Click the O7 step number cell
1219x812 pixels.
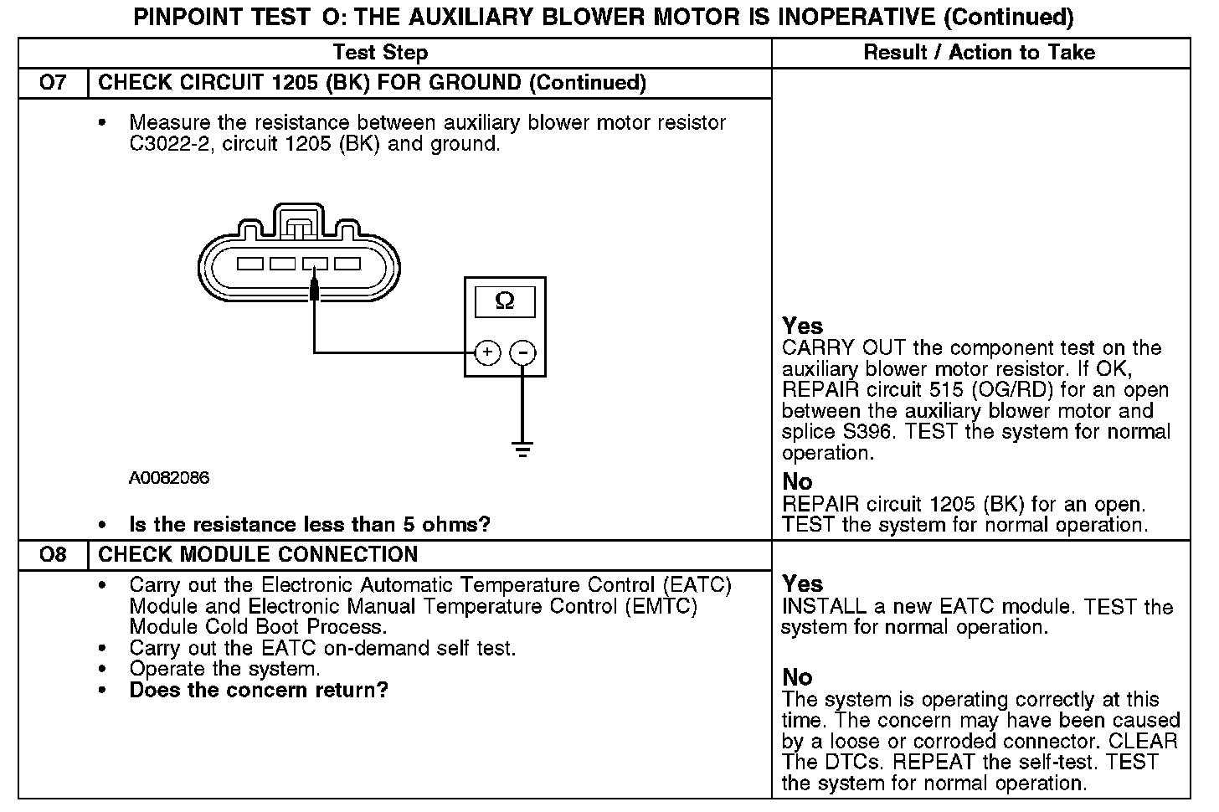pyautogui.click(x=52, y=83)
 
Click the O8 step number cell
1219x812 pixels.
pyautogui.click(x=52, y=555)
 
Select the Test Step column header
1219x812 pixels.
pyautogui.click(x=380, y=53)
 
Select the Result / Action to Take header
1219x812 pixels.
pyautogui.click(x=979, y=53)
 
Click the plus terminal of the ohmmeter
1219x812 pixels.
pyautogui.click(x=487, y=353)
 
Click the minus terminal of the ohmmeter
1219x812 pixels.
pyautogui.click(x=523, y=353)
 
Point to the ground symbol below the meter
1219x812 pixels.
pyautogui.click(x=523, y=450)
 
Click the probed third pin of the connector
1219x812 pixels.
pyautogui.click(x=315, y=264)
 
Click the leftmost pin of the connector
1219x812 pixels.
pyautogui.click(x=249, y=264)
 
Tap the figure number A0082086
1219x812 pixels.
pyautogui.click(x=169, y=478)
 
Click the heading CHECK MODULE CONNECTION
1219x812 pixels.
pyautogui.click(x=258, y=555)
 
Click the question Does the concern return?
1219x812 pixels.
pyautogui.click(x=259, y=691)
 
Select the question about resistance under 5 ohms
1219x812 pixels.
pyautogui.click(x=310, y=525)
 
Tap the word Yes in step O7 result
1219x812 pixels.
pyautogui.click(x=802, y=326)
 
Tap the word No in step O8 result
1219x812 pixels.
pyautogui.click(x=797, y=677)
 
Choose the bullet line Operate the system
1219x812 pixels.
pyautogui.click(x=224, y=670)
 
